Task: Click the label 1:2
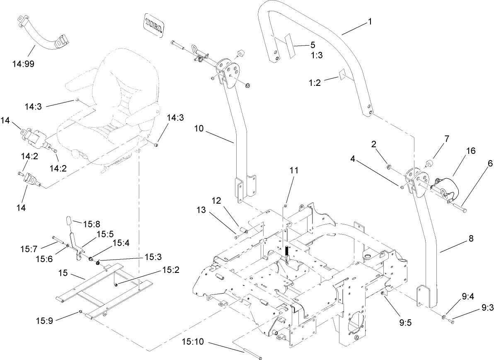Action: pyautogui.click(x=315, y=83)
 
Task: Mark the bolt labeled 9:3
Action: pyautogui.click(x=452, y=321)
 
